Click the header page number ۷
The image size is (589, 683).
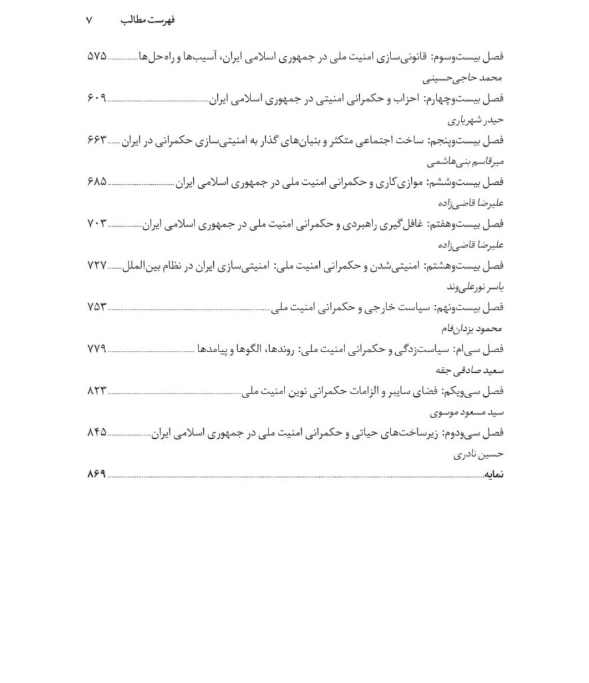[x=89, y=21]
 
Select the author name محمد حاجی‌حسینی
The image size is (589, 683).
[x=472, y=77]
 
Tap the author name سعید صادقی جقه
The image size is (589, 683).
[x=474, y=370]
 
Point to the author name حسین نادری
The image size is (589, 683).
[x=481, y=454]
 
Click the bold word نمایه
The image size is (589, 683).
[x=494, y=475]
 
